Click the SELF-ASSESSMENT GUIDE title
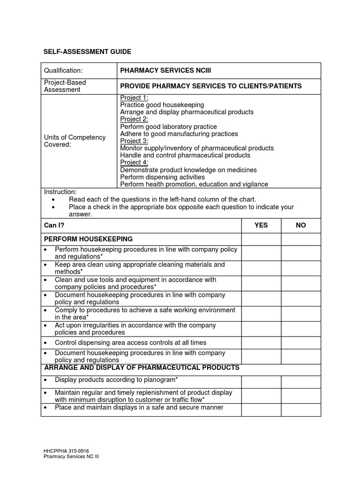coord(88,52)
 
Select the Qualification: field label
coord(63,71)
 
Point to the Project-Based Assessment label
coord(65,86)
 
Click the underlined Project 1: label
coord(134,98)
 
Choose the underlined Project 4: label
coord(134,163)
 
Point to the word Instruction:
coord(60,192)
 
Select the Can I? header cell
coord(54,225)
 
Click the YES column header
coord(261,225)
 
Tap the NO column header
coord(301,225)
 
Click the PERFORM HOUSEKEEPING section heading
coord(89,239)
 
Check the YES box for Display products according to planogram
coord(261,382)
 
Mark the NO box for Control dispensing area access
coord(301,343)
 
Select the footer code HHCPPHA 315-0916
coord(66,451)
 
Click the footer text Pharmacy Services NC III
coord(71,457)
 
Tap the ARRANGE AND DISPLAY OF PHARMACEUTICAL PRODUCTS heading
coord(142,367)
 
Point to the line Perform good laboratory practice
coord(168,127)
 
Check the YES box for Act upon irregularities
coord(261,329)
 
